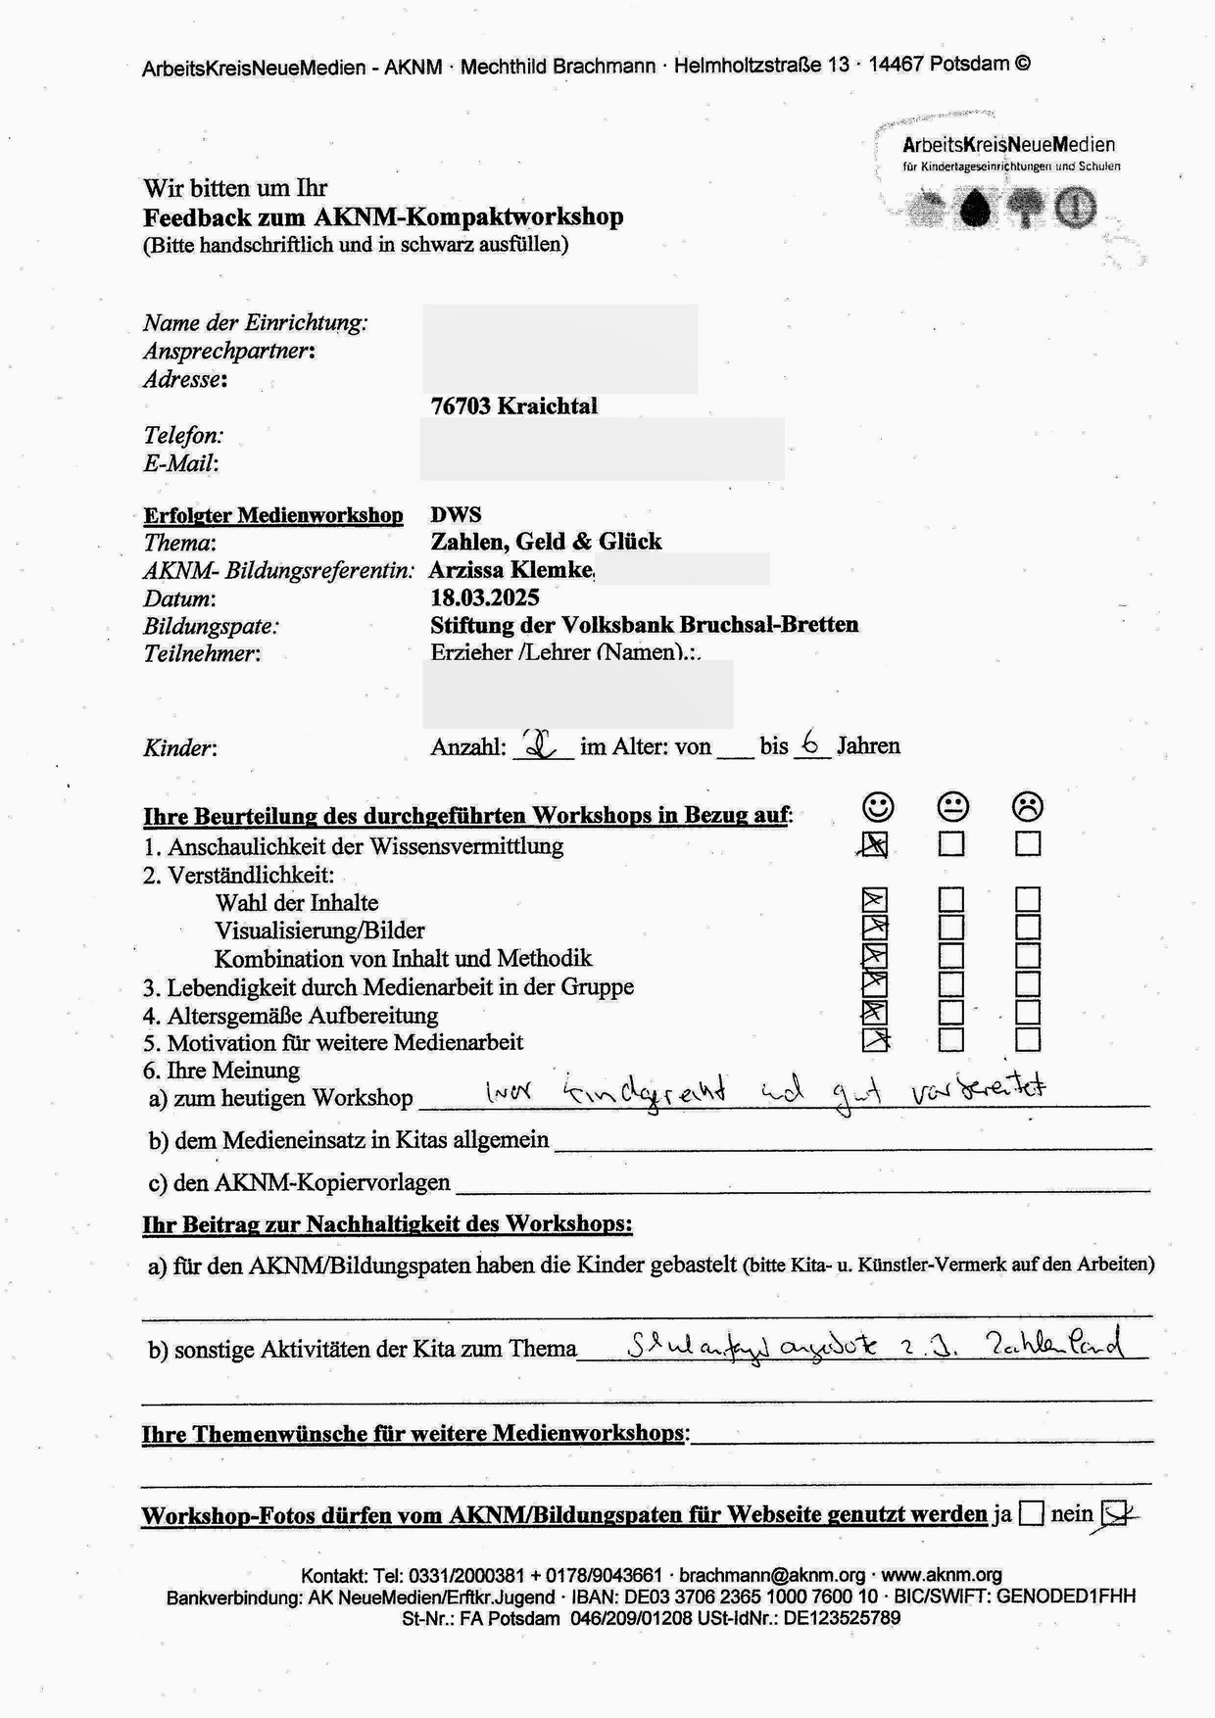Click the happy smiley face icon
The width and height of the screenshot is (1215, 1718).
tap(878, 806)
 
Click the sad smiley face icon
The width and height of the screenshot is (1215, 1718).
tap(1027, 806)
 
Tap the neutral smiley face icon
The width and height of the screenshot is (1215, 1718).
tap(952, 806)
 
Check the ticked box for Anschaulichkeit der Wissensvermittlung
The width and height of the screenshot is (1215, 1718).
tap(874, 844)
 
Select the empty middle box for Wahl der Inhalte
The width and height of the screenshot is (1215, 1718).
tap(951, 900)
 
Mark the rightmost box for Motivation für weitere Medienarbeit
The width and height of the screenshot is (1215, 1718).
tap(1028, 1039)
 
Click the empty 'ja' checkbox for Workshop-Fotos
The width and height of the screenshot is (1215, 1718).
tap(1031, 1514)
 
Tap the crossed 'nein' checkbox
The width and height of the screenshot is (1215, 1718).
tap(1114, 1514)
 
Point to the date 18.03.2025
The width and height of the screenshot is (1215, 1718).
tap(484, 597)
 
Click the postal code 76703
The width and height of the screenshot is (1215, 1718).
tap(461, 406)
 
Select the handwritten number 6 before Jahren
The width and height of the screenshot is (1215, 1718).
tap(810, 742)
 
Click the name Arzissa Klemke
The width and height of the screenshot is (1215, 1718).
tap(510, 569)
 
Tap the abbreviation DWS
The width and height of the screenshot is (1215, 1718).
tap(456, 514)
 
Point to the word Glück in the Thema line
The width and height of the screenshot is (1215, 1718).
tap(630, 542)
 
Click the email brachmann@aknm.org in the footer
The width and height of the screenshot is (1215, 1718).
tap(772, 1575)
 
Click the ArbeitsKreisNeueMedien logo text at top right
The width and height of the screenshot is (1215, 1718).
tap(1008, 145)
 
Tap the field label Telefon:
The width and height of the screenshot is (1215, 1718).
tap(183, 436)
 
